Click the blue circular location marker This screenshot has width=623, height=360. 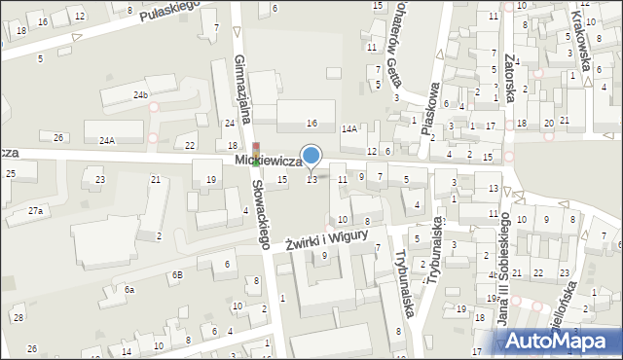tap(311, 155)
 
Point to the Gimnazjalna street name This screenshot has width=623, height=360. tap(242, 90)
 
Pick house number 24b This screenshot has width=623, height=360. tap(141, 94)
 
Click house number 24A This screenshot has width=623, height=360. tap(106, 140)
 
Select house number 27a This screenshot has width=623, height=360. tap(35, 210)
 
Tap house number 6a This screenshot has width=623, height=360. tap(128, 290)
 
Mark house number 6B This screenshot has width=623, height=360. tap(177, 274)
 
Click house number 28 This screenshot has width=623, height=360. tap(18, 318)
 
